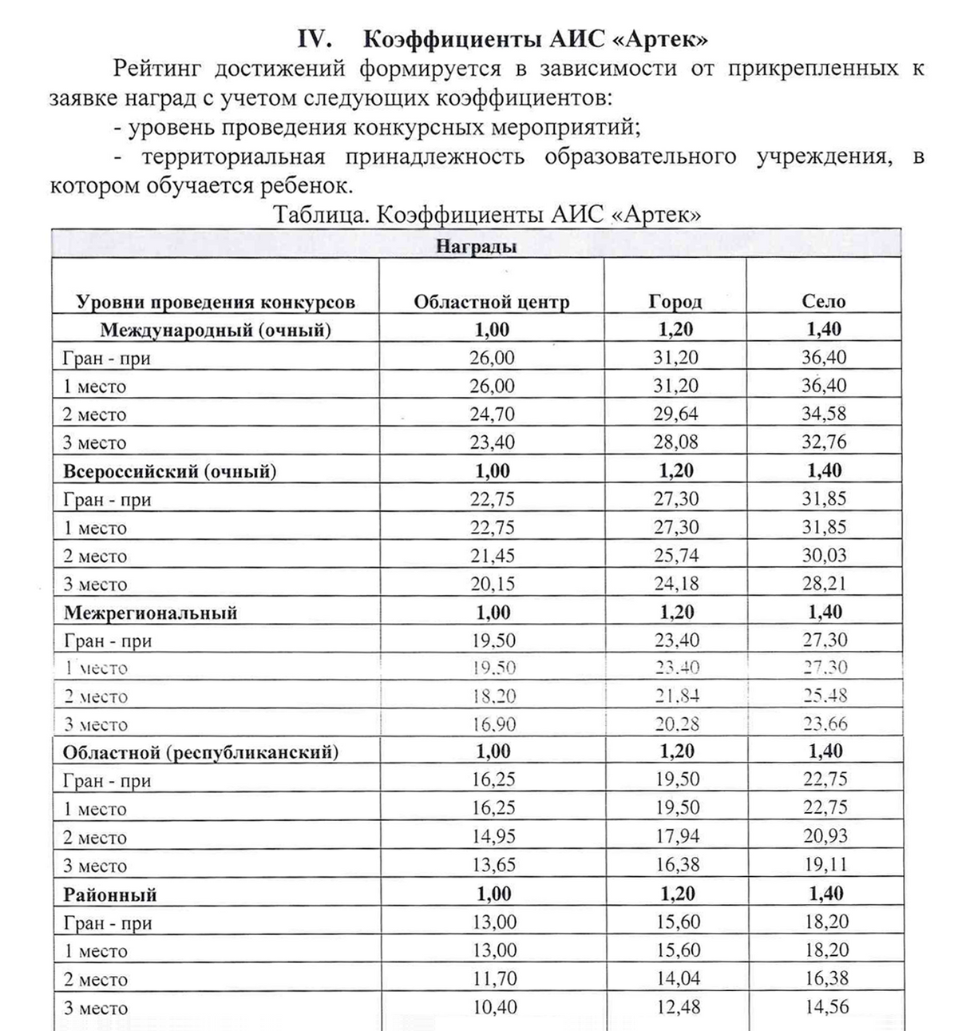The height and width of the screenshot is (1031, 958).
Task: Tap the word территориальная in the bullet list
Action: (233, 157)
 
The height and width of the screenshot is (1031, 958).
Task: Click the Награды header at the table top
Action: (477, 246)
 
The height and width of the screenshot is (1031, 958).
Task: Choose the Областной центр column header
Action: (492, 302)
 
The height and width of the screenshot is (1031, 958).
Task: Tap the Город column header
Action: (675, 302)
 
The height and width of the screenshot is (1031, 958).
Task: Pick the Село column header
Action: (824, 302)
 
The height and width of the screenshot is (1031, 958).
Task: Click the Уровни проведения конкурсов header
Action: (216, 302)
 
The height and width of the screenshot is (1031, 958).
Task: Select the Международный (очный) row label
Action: (216, 330)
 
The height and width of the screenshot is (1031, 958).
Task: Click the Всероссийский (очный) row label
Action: (170, 471)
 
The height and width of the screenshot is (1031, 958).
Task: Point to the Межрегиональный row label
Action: (151, 613)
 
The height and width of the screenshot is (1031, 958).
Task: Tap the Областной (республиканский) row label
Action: (200, 752)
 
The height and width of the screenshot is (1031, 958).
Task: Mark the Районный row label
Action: (110, 894)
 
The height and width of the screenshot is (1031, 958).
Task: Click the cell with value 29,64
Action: (675, 414)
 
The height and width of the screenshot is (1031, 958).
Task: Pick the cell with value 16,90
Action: (493, 725)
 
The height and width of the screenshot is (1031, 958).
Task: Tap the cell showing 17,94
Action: (676, 837)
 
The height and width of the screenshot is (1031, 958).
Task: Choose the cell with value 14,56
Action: (825, 1008)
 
